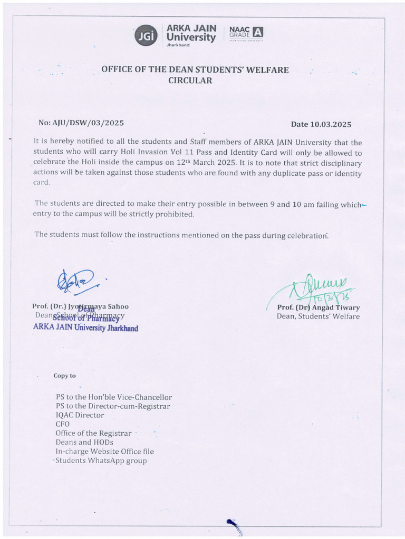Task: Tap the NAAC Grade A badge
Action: (x=245, y=34)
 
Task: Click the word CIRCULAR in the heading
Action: (x=190, y=81)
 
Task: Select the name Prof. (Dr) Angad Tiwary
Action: (x=319, y=307)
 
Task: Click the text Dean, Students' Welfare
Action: (x=318, y=316)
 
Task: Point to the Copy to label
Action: (x=64, y=376)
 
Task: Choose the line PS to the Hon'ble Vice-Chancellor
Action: (x=113, y=397)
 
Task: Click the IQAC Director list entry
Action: (x=80, y=415)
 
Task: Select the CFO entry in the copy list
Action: (x=62, y=424)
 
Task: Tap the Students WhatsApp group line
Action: (x=101, y=461)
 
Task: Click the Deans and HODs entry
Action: (x=84, y=442)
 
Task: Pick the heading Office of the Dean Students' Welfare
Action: (x=195, y=70)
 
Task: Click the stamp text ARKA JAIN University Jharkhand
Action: (x=85, y=328)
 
